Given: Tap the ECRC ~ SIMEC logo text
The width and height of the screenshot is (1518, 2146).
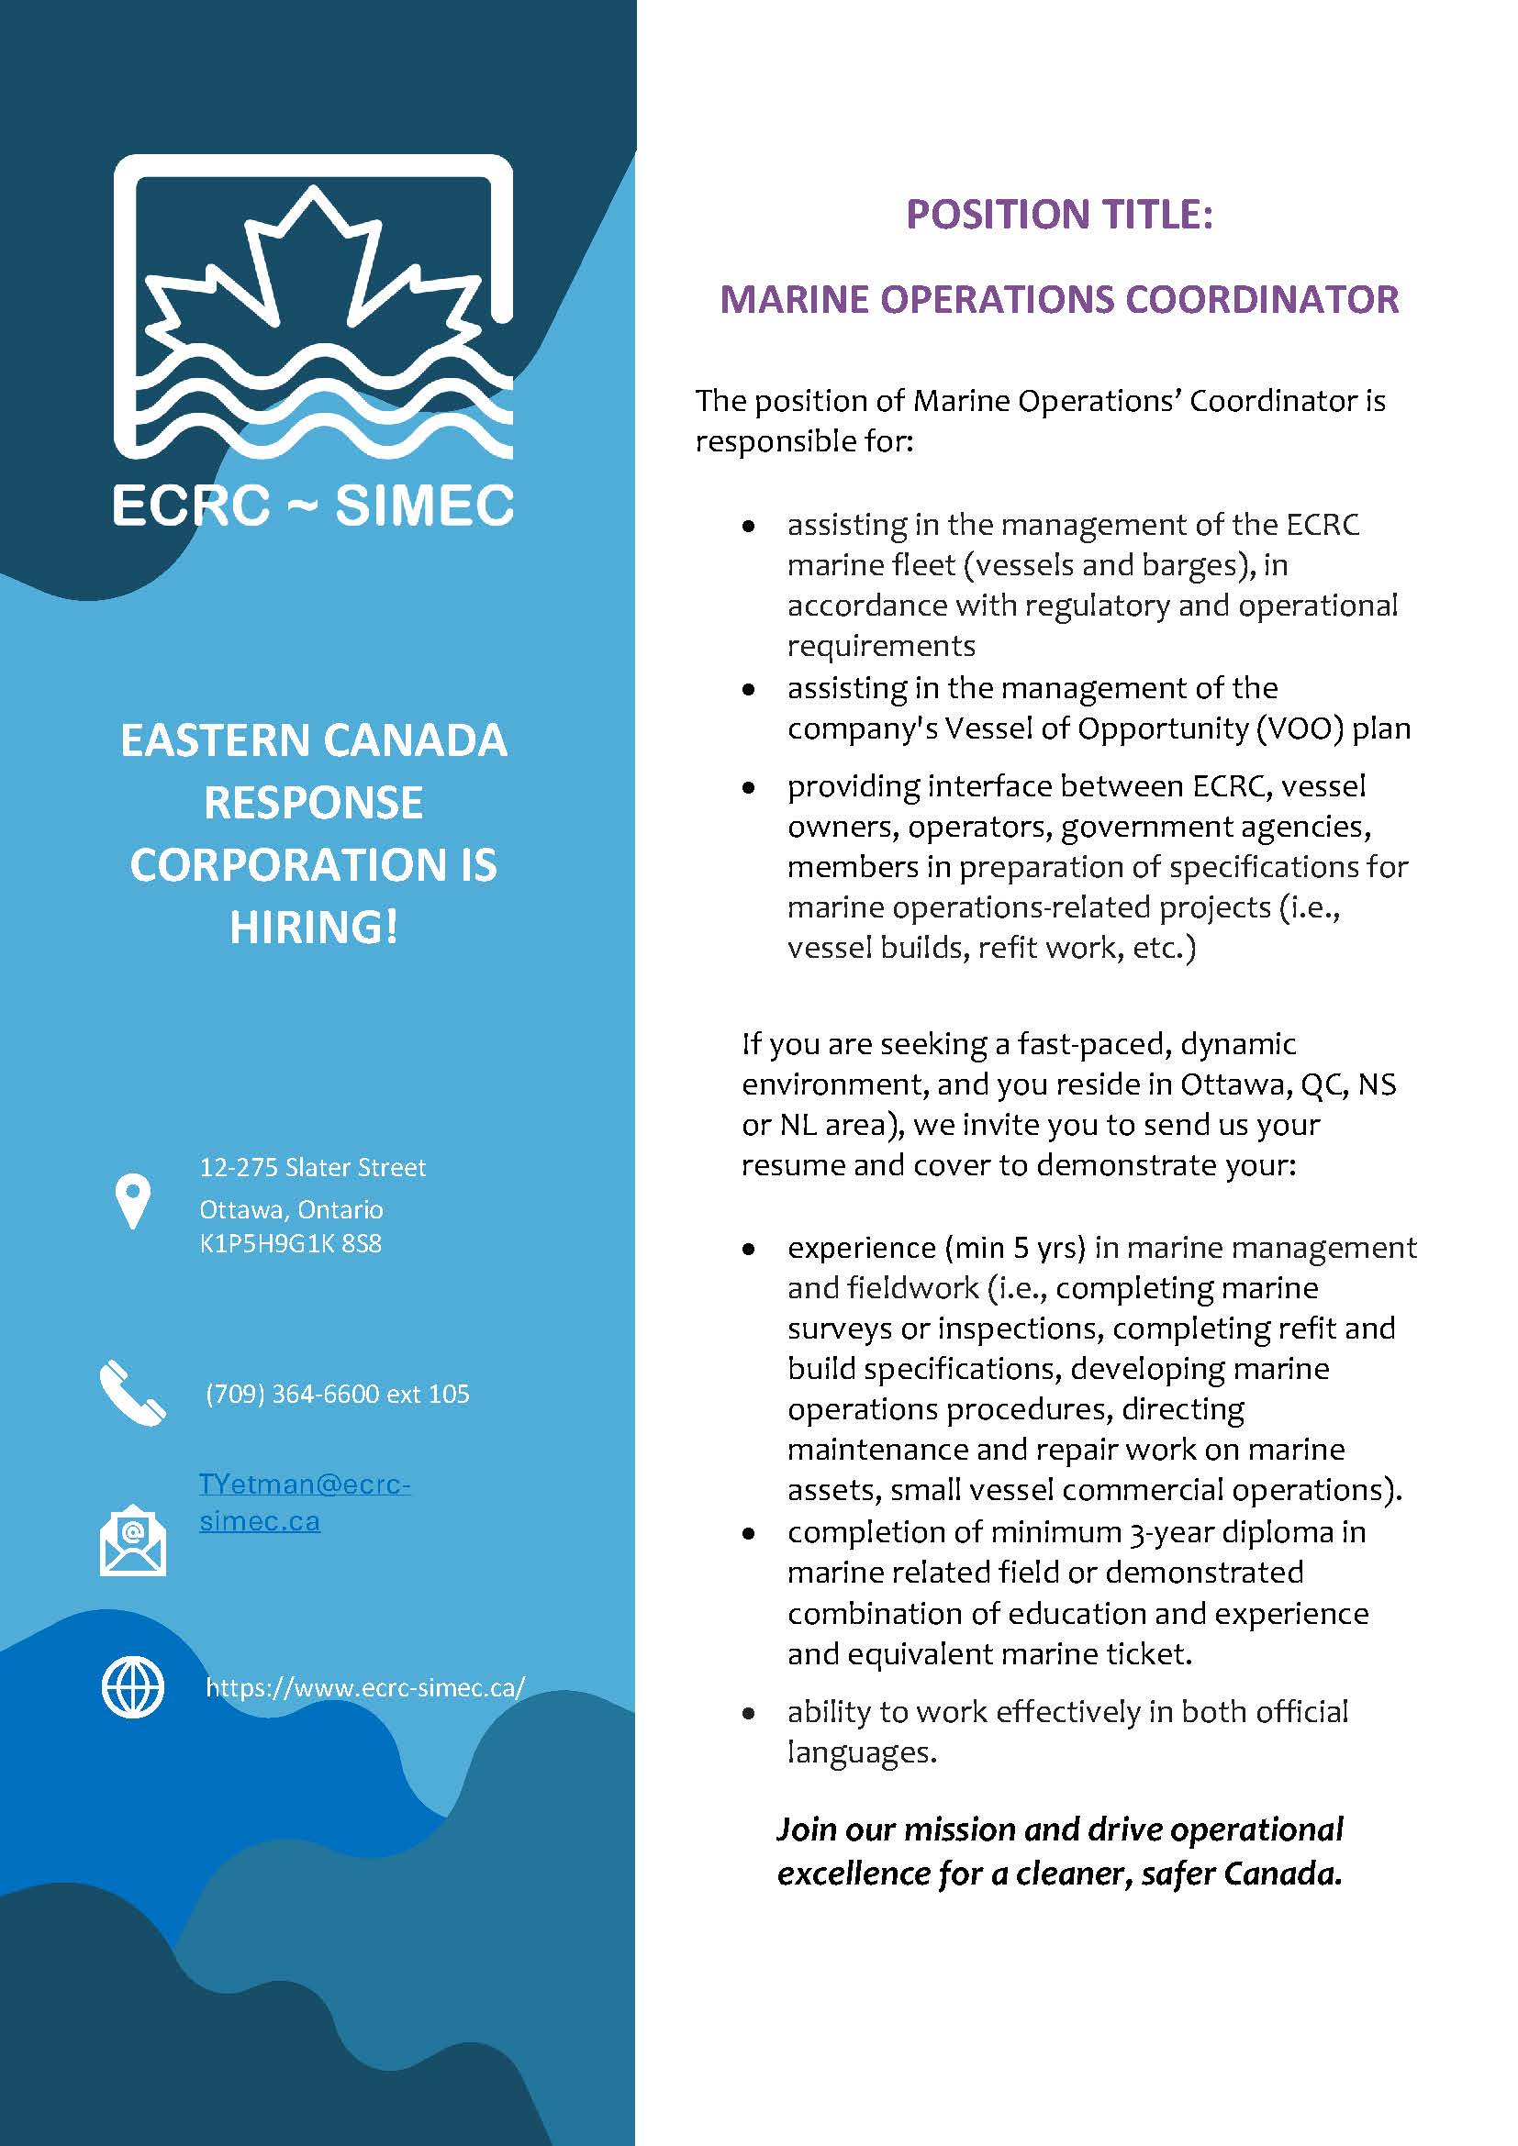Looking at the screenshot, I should (313, 506).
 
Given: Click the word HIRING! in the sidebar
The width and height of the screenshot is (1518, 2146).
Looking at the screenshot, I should (314, 927).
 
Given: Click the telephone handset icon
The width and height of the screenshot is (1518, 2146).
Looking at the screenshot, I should (132, 1393).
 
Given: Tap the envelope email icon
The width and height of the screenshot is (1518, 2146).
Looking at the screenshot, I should (133, 1540).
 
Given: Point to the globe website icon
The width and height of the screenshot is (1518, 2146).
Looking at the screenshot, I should (133, 1688).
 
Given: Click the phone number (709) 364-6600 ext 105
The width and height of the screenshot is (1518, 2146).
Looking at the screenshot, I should (338, 1394).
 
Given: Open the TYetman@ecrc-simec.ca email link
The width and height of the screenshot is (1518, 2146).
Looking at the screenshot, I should (304, 1503).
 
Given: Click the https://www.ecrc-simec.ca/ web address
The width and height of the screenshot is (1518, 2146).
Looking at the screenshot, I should (365, 1687).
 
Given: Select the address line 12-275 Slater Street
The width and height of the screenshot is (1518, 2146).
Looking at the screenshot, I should (312, 1167).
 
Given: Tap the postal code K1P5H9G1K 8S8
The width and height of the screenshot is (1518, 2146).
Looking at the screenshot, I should (291, 1244).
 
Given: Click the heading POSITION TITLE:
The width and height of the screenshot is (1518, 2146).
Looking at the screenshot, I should (1059, 214).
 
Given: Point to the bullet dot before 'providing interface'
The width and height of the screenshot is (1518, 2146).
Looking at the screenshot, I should (748, 788).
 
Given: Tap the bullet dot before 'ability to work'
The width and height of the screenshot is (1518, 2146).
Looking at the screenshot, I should (748, 1713).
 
